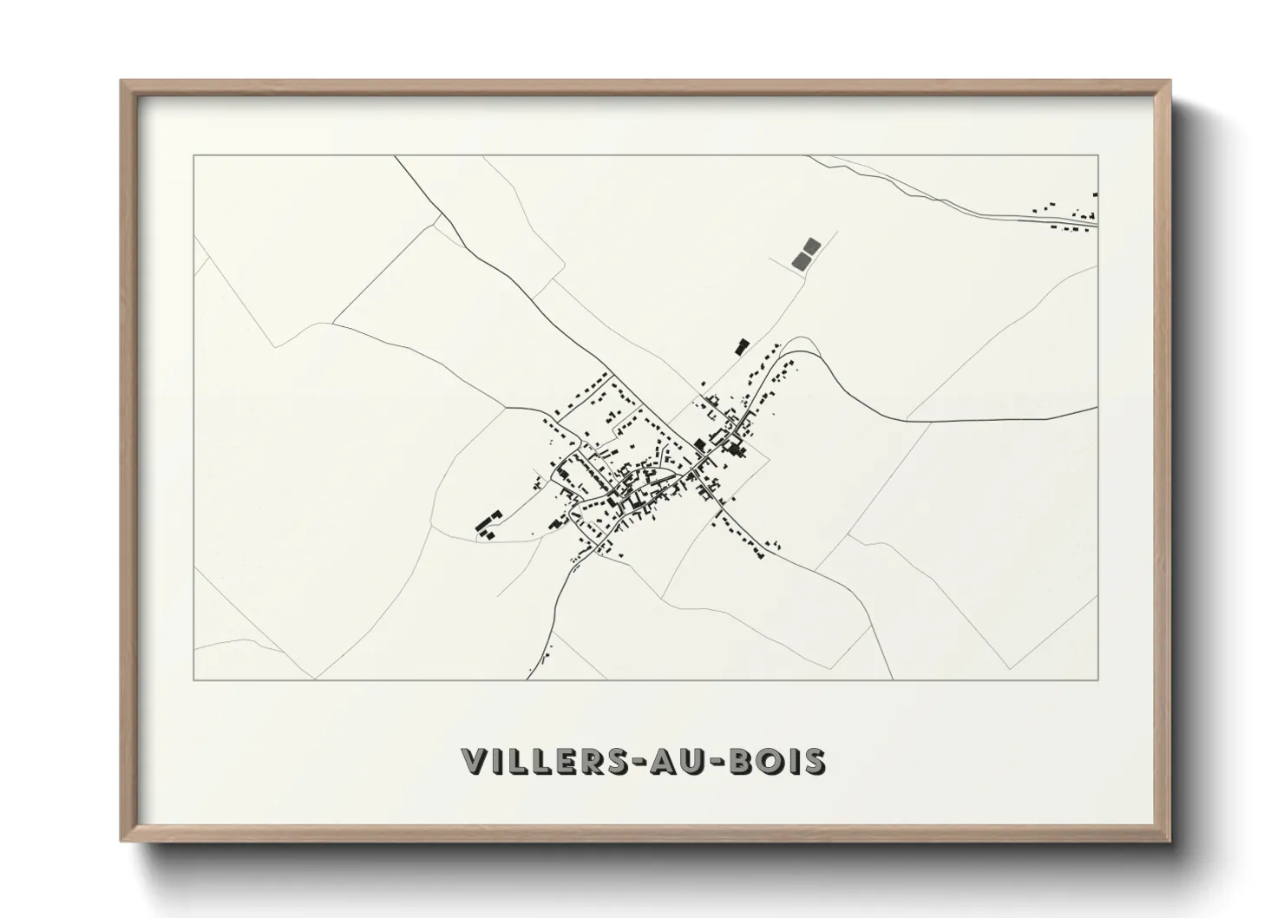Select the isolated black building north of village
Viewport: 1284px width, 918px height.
742,346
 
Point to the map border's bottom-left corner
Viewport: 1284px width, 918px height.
194,679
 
